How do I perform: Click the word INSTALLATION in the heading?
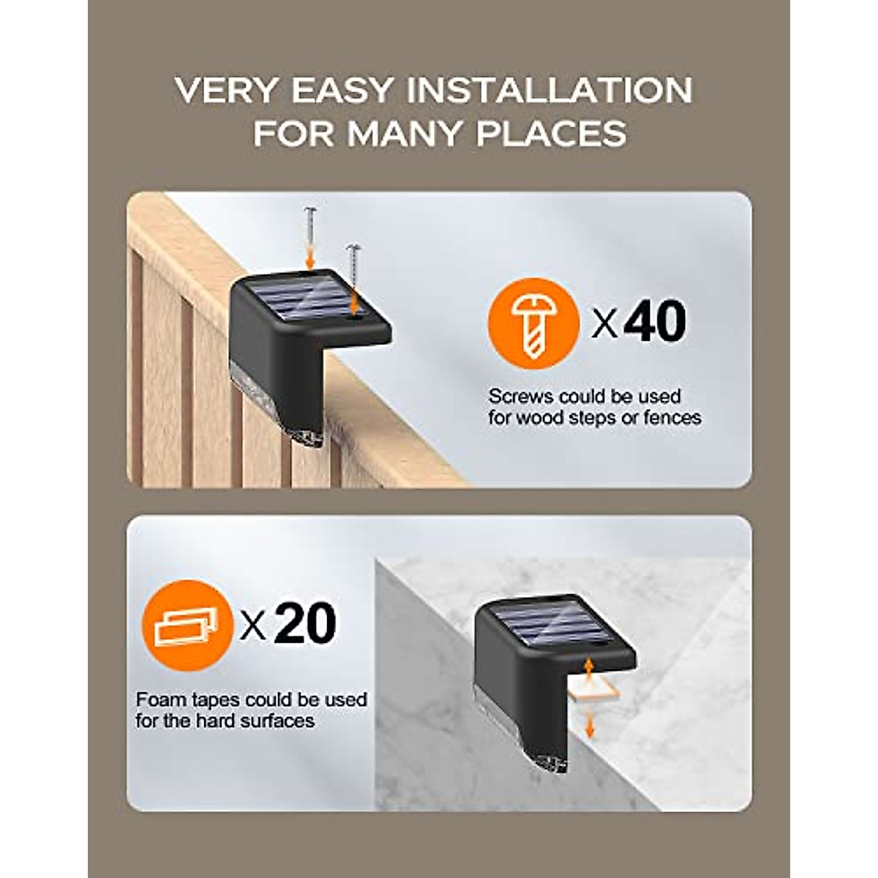click(x=549, y=91)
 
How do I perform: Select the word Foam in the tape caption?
click(x=156, y=700)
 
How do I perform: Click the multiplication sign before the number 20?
click(x=253, y=626)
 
